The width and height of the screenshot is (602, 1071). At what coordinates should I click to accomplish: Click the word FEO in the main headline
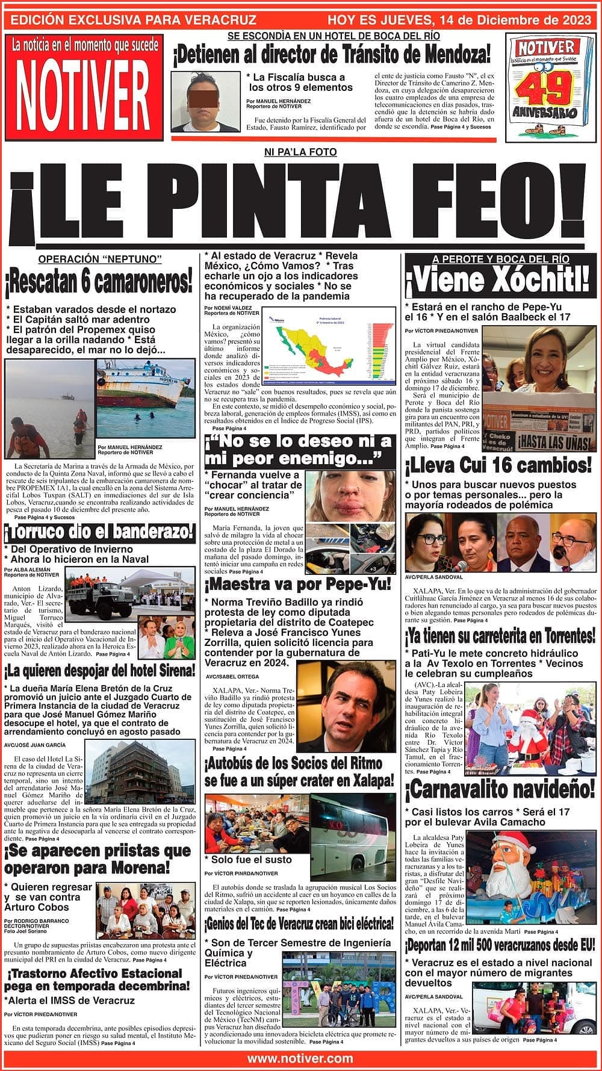(x=488, y=201)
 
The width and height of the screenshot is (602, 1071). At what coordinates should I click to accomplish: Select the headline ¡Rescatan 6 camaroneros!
(x=99, y=281)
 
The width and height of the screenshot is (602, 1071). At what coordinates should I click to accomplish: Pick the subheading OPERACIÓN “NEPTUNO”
(x=100, y=259)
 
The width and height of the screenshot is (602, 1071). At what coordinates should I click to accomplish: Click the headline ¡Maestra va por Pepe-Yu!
(x=297, y=585)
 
